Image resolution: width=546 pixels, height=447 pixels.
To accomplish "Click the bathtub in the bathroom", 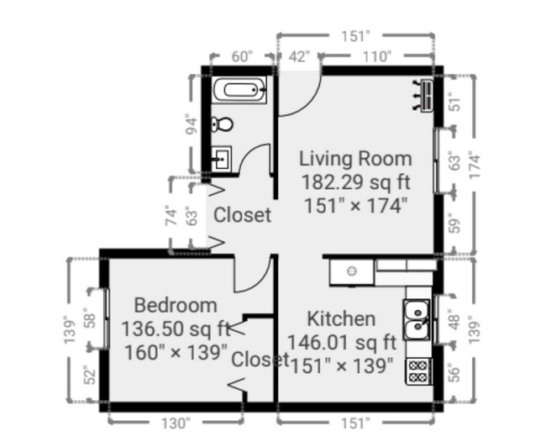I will pos(239,89).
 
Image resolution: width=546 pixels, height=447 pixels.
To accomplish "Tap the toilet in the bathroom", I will pos(223,124).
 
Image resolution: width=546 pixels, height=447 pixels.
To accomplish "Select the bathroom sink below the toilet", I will pos(222,157).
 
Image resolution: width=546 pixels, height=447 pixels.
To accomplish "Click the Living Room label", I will pos(355,158).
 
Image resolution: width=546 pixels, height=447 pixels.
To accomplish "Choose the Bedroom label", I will pos(175,305).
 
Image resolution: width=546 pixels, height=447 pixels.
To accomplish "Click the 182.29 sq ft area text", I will pos(355,181).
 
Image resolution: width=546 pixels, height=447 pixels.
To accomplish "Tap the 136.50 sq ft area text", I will pos(176,328).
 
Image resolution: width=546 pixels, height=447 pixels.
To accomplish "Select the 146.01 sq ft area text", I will pos(341,342).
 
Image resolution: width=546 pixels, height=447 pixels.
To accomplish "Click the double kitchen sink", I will pos(417,318).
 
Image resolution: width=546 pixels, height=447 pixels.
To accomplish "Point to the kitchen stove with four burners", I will pos(417,371).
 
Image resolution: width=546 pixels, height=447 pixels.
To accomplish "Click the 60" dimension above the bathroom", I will pos(241,56).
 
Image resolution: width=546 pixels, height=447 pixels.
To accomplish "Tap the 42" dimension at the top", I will pos(299,56).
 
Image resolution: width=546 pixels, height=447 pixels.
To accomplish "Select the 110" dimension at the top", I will pos(377,56).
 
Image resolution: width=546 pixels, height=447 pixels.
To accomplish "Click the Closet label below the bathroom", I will pos(242,215).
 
